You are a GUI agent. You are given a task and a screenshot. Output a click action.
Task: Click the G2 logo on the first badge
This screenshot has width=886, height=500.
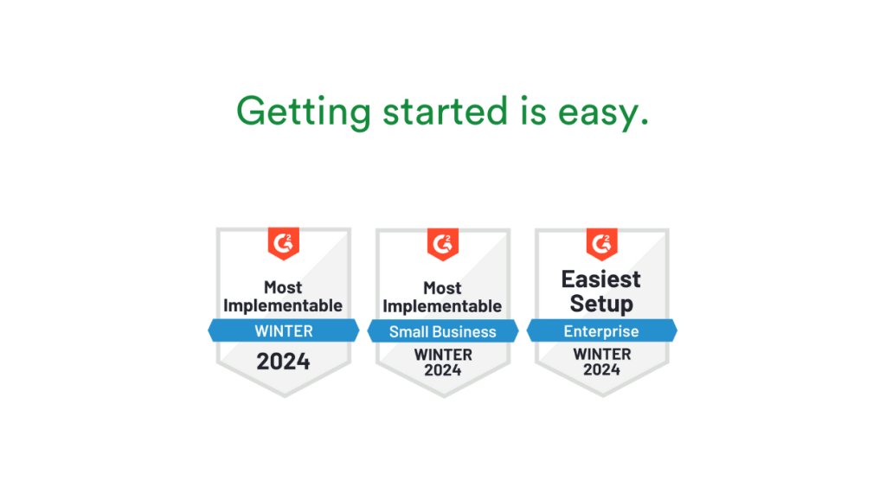point(283,243)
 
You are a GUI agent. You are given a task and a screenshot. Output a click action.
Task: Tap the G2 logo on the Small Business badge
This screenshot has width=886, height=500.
point(442,243)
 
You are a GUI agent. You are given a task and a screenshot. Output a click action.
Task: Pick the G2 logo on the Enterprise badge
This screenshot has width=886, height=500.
point(601,243)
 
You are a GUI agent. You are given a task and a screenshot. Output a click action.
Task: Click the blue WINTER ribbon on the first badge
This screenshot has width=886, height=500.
point(283,330)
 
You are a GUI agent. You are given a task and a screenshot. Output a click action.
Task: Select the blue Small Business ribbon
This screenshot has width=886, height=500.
point(442,331)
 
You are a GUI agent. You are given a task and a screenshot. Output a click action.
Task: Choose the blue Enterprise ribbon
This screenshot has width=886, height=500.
point(601,331)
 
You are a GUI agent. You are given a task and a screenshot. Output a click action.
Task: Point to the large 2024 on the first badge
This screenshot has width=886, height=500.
point(283,361)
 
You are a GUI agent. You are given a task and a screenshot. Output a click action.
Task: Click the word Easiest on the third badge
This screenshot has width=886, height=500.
point(601,279)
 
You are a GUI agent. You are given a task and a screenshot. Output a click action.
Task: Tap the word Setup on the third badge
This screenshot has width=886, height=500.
point(601,304)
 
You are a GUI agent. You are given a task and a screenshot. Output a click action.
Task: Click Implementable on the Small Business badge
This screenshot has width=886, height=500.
point(442,306)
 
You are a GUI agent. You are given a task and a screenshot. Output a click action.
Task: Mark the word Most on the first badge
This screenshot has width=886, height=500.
point(283,286)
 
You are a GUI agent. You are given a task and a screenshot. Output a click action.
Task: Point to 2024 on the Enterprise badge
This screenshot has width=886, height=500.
point(601,369)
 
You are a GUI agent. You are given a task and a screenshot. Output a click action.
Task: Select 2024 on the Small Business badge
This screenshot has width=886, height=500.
point(442,370)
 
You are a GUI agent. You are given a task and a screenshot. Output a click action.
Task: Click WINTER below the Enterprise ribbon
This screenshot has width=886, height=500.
point(601,354)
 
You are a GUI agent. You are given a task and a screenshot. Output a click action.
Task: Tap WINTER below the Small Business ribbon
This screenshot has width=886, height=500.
point(442,355)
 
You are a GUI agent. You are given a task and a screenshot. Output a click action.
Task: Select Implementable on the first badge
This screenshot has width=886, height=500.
point(283,305)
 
